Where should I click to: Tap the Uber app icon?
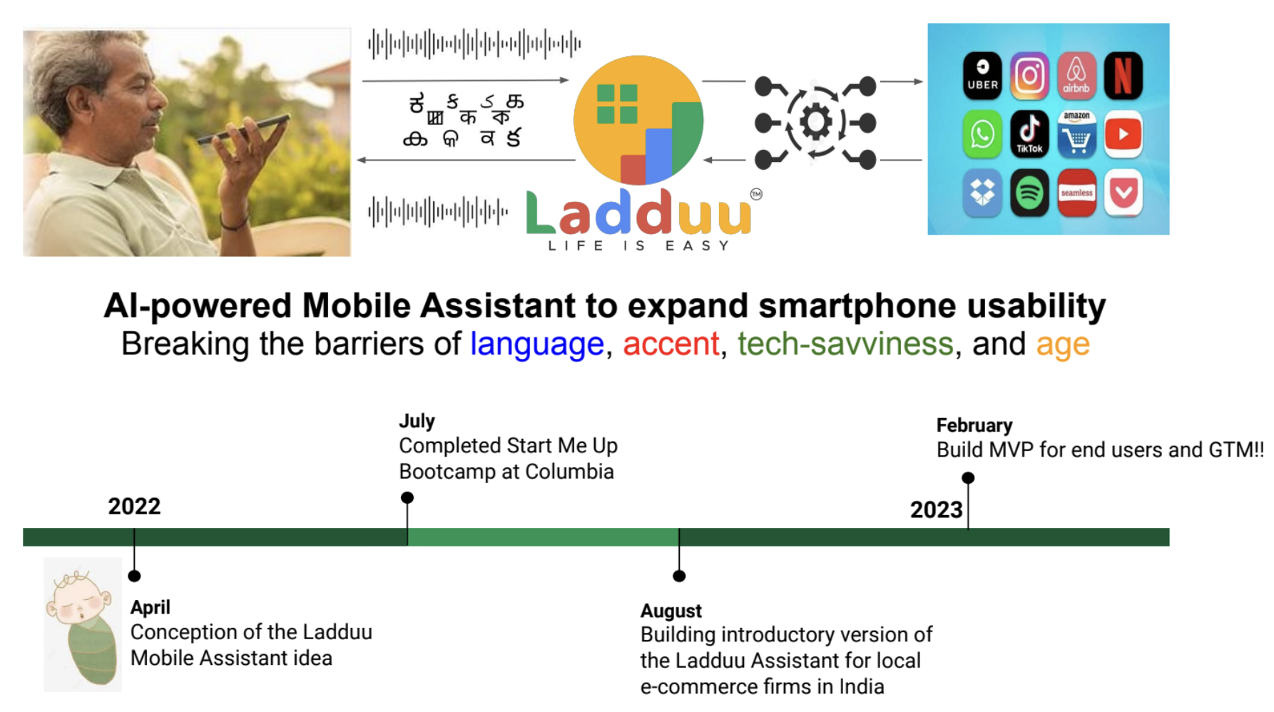point(982,76)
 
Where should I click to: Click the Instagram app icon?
point(1029,76)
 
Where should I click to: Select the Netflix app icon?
point(1123,76)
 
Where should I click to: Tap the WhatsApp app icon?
point(982,134)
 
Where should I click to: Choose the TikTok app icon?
point(1029,134)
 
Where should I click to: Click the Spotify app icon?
point(1029,193)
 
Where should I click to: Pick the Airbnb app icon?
point(1076,76)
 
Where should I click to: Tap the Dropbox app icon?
point(982,193)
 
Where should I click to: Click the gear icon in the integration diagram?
point(816,122)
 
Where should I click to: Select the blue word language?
point(537,344)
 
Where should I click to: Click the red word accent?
point(671,344)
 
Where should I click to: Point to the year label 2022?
point(134,507)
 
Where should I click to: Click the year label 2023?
point(936,510)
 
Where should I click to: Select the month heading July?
point(417,422)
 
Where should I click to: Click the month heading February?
point(974,425)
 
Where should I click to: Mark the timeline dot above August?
point(679,576)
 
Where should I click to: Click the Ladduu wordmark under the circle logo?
point(638,213)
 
